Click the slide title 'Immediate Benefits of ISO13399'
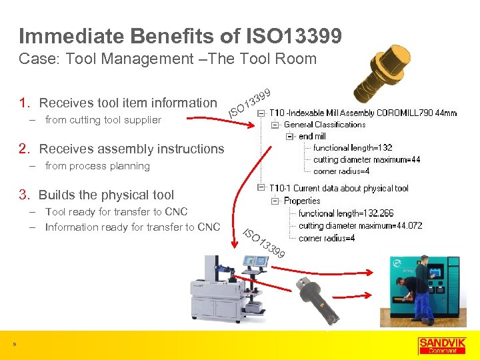pyautogui.click(x=180, y=36)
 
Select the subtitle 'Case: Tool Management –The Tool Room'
pyautogui.click(x=167, y=59)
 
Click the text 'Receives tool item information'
pyautogui.click(x=128, y=103)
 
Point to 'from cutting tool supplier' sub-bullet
pyautogui.click(x=103, y=120)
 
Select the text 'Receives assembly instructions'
pyautogui.click(x=131, y=149)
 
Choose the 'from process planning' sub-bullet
pyautogui.click(x=97, y=166)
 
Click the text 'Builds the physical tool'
pyautogui.click(x=106, y=195)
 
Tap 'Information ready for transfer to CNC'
pyautogui.click(x=132, y=227)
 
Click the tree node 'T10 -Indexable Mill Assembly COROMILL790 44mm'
pyautogui.click(x=363, y=113)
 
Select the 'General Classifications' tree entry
pyautogui.click(x=325, y=125)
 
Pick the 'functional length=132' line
pyautogui.click(x=353, y=148)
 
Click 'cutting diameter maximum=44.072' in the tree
pyautogui.click(x=360, y=226)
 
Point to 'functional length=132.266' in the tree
pyautogui.click(x=346, y=213)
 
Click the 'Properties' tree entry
pyautogui.click(x=302, y=201)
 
